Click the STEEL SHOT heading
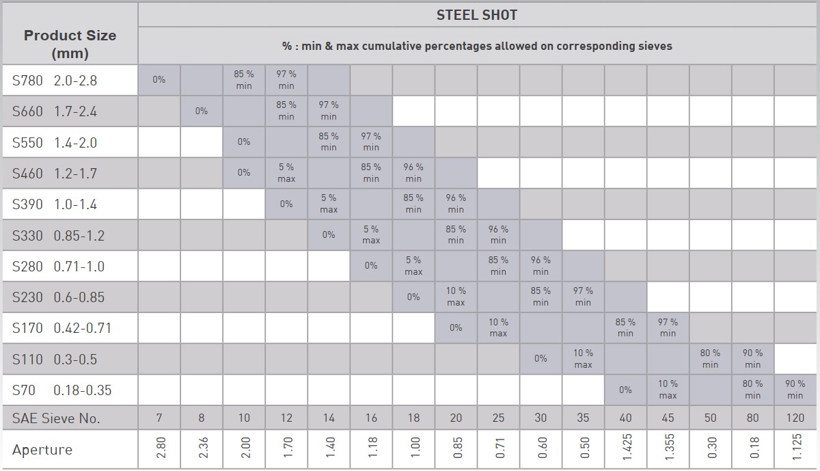pos(476,15)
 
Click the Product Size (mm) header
pos(70,44)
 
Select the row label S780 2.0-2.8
pos(55,81)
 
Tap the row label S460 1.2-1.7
pos(55,174)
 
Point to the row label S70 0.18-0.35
pos(61,390)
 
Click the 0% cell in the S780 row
pos(159,80)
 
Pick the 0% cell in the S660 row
pos(202,111)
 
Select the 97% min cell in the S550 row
pos(371,142)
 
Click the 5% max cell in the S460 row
pos(286,173)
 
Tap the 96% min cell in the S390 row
pos(456,204)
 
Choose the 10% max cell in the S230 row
pos(456,297)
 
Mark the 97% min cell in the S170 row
pos(668,327)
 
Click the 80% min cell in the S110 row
pos(710,359)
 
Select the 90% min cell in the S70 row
pos(795,390)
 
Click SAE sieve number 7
pos(159,418)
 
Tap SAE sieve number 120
pos(795,418)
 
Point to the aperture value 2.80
pos(161,449)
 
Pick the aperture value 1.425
pos(627,449)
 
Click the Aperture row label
pos(42,450)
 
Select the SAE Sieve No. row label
pos(56,418)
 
